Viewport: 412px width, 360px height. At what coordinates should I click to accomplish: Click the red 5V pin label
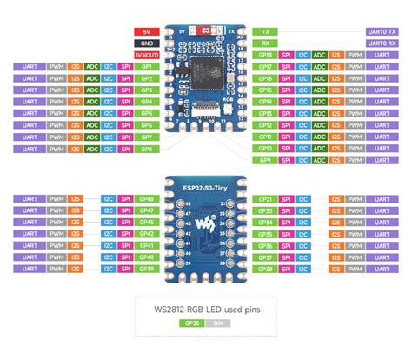coord(145,30)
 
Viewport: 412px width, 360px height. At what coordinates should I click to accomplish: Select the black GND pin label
coord(145,42)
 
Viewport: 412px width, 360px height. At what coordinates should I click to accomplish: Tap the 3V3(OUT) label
coord(145,54)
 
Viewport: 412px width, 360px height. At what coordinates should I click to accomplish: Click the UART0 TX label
coord(382,30)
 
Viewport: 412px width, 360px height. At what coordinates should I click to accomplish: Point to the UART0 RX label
coord(382,43)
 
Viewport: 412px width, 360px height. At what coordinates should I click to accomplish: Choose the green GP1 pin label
coord(146,66)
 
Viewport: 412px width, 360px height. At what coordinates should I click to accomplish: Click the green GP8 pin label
coord(146,149)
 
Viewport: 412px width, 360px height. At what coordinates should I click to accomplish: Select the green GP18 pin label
coord(266,54)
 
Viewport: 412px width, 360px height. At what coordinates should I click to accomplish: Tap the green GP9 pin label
coord(266,160)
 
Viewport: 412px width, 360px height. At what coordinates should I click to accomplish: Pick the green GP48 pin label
coord(146,199)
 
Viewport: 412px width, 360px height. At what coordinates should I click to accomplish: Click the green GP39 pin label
coord(146,270)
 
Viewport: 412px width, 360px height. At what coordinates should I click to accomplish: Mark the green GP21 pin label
coord(266,199)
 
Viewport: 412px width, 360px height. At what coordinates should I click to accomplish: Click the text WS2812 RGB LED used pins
coord(205,305)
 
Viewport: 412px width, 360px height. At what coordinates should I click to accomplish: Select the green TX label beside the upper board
coord(266,30)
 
